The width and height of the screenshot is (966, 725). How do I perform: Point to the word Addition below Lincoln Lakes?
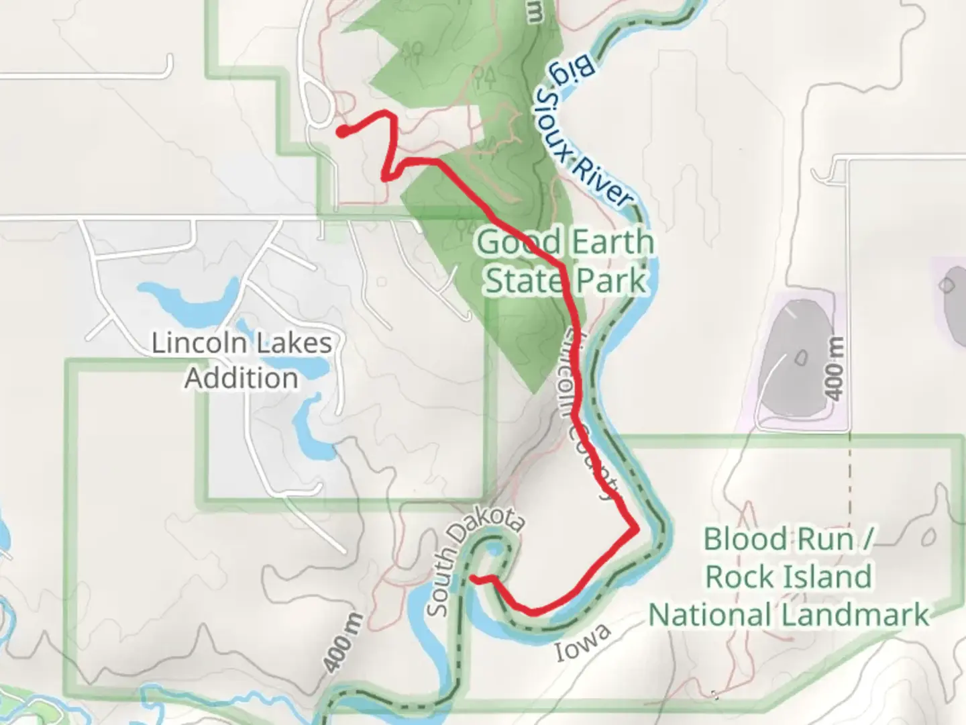[x=241, y=378]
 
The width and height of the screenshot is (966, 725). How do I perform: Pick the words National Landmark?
[x=789, y=615]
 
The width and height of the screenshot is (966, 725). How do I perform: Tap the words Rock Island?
[x=789, y=577]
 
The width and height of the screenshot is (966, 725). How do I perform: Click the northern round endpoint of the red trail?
[x=342, y=132]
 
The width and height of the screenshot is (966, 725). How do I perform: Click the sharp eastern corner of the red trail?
[x=635, y=530]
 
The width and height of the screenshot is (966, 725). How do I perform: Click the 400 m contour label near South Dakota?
[x=343, y=643]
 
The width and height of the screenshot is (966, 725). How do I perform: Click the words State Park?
[x=565, y=281]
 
